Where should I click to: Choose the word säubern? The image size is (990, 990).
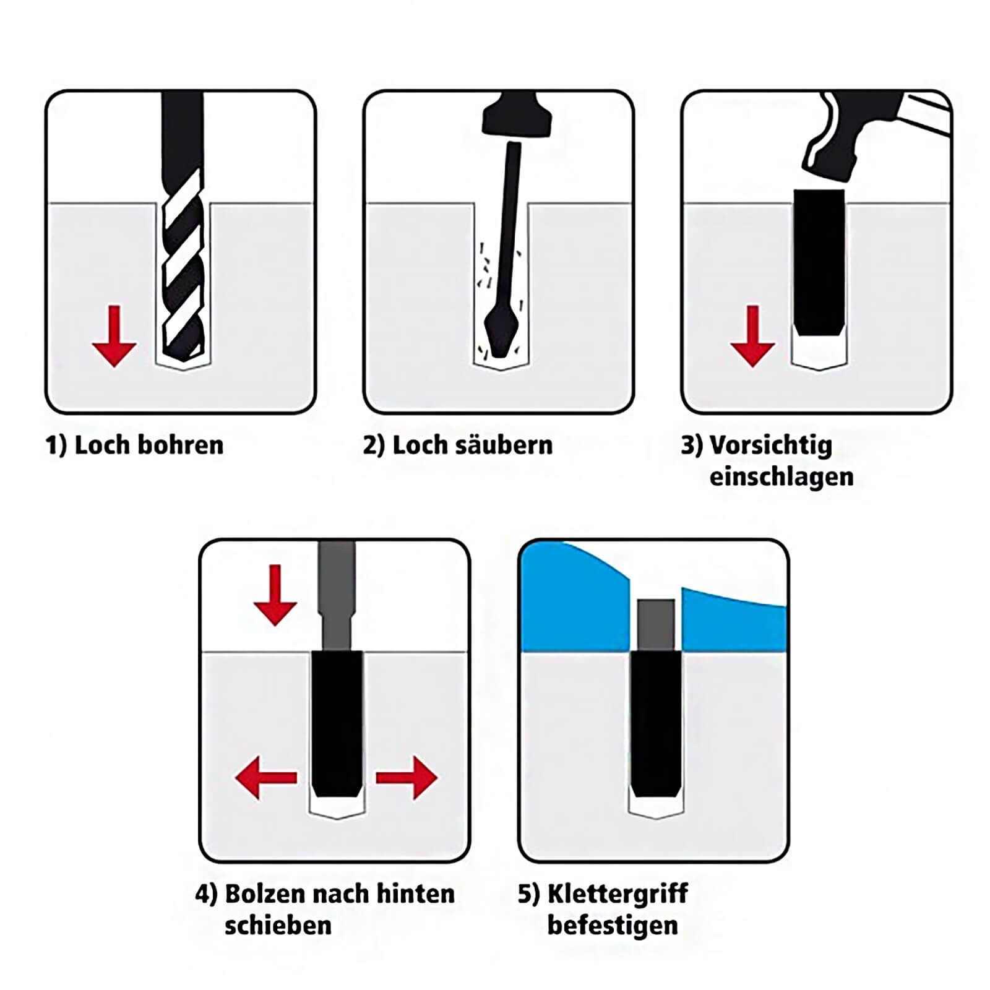pyautogui.click(x=502, y=445)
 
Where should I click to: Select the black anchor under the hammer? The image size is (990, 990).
pyautogui.click(x=819, y=262)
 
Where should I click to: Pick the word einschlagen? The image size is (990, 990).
pyautogui.click(x=781, y=477)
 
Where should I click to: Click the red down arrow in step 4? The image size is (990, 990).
pyautogui.click(x=275, y=595)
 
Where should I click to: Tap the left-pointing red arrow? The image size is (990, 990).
pyautogui.click(x=266, y=777)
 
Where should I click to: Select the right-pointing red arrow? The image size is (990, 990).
pyautogui.click(x=407, y=777)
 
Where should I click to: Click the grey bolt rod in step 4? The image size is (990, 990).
pyautogui.click(x=337, y=595)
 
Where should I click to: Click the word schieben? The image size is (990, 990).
pyautogui.click(x=278, y=926)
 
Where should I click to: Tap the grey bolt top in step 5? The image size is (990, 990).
pyautogui.click(x=656, y=624)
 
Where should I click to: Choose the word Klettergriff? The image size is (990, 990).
pyautogui.click(x=618, y=895)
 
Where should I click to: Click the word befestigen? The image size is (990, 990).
pyautogui.click(x=613, y=926)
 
